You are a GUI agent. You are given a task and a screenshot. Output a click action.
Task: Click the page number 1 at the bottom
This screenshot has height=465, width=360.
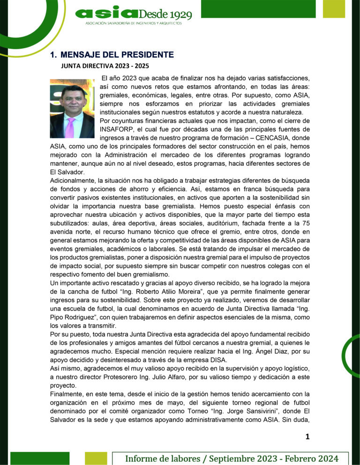pyautogui.click(x=307, y=437)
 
